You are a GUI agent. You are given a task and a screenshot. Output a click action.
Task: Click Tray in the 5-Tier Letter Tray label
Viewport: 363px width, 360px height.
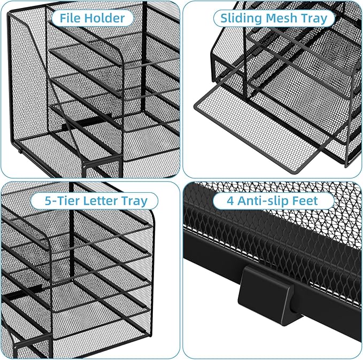[x=136, y=201]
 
